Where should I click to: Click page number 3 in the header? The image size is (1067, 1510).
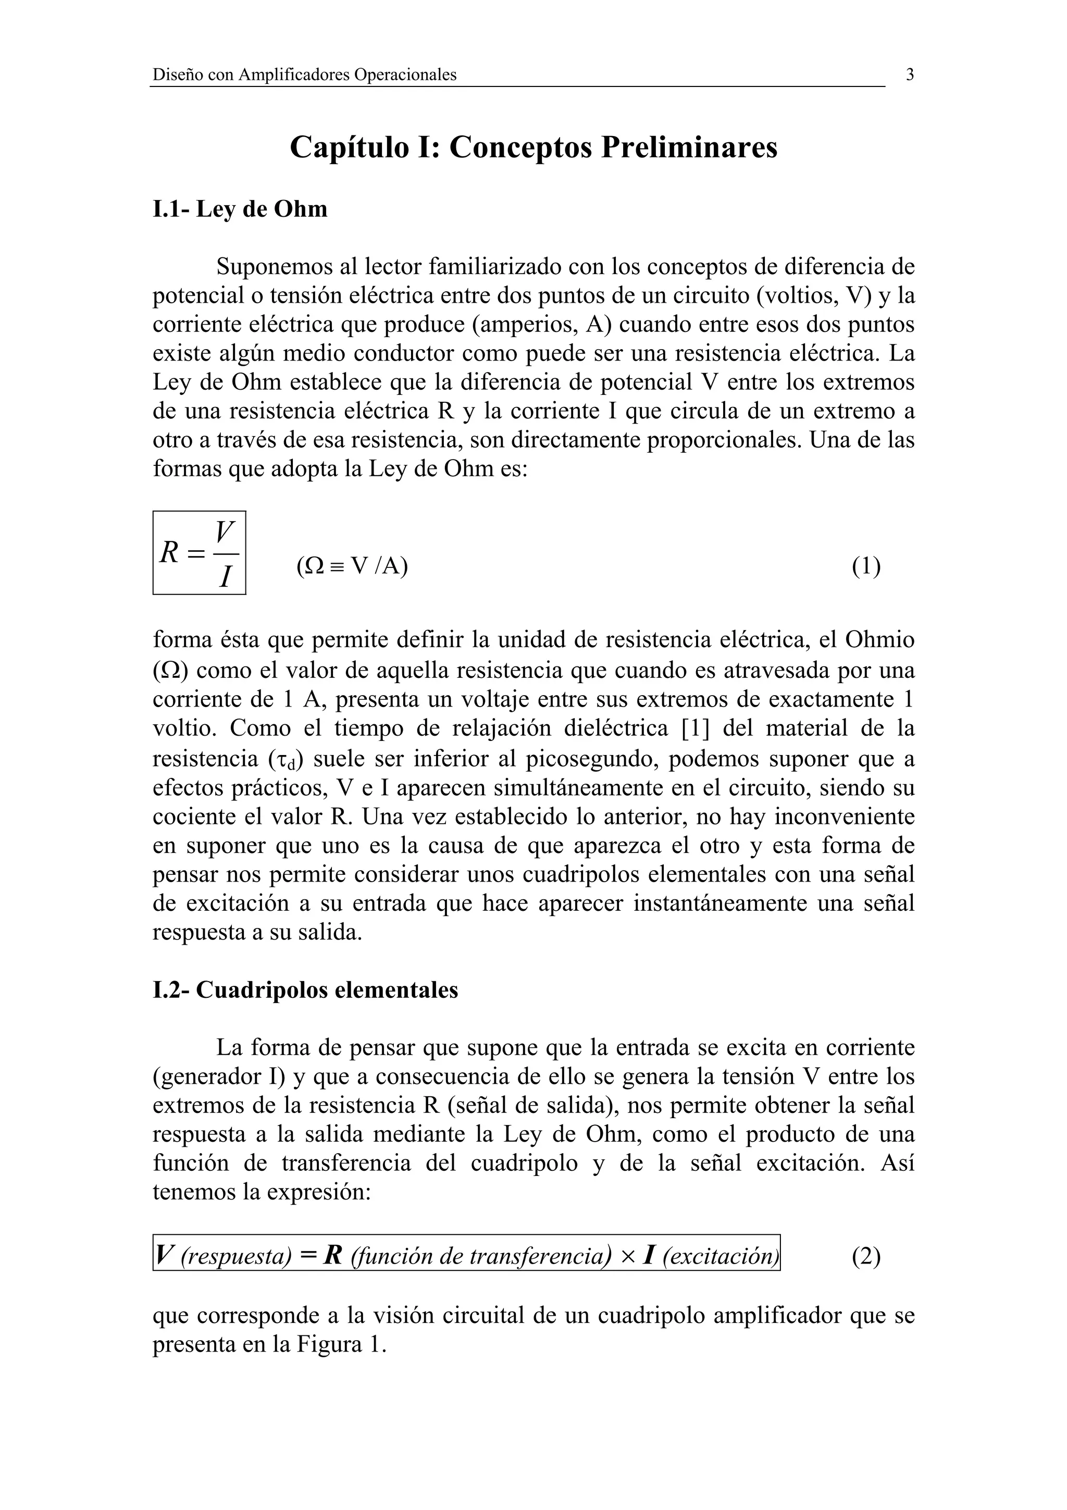click(910, 75)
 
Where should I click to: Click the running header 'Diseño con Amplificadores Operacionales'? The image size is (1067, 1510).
click(304, 75)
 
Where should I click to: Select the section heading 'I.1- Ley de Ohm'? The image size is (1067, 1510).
click(240, 209)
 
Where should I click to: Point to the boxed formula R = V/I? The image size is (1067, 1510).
click(199, 552)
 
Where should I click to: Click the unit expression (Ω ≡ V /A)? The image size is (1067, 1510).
click(352, 565)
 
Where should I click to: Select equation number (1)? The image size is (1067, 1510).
click(866, 565)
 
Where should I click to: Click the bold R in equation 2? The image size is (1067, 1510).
click(333, 1256)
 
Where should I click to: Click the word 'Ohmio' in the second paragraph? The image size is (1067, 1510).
click(879, 639)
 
